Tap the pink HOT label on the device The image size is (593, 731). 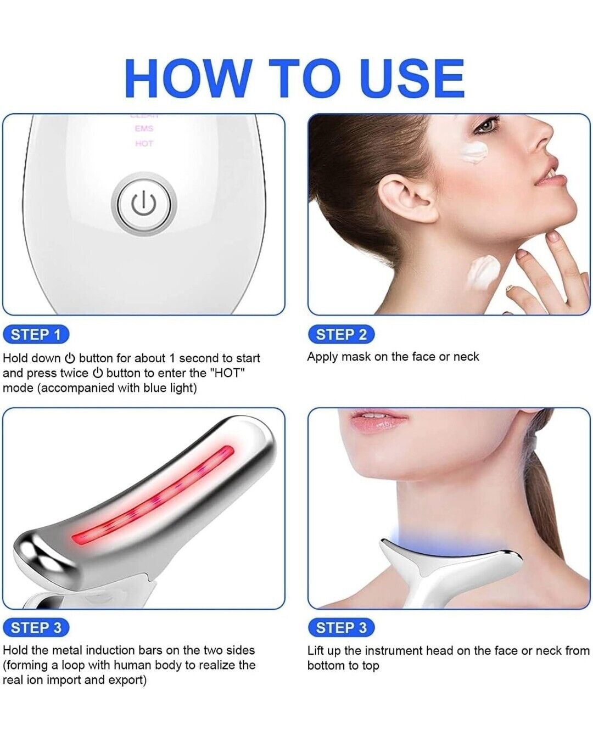point(144,144)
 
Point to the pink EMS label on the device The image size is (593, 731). point(144,129)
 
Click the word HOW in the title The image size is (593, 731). point(188,78)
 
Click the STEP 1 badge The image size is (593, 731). point(36,334)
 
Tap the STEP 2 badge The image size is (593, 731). point(341,334)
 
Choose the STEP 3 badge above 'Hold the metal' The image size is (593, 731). point(36,628)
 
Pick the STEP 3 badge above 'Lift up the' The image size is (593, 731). point(341,627)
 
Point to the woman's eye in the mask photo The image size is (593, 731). point(485,126)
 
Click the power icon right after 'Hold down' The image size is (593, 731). point(70,359)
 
